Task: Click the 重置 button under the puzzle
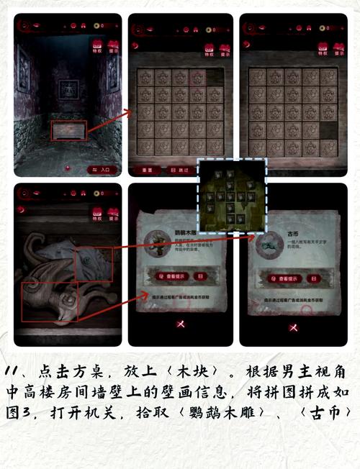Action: [147, 170]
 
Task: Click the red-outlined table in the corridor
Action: [68, 130]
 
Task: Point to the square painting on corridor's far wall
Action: [68, 90]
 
